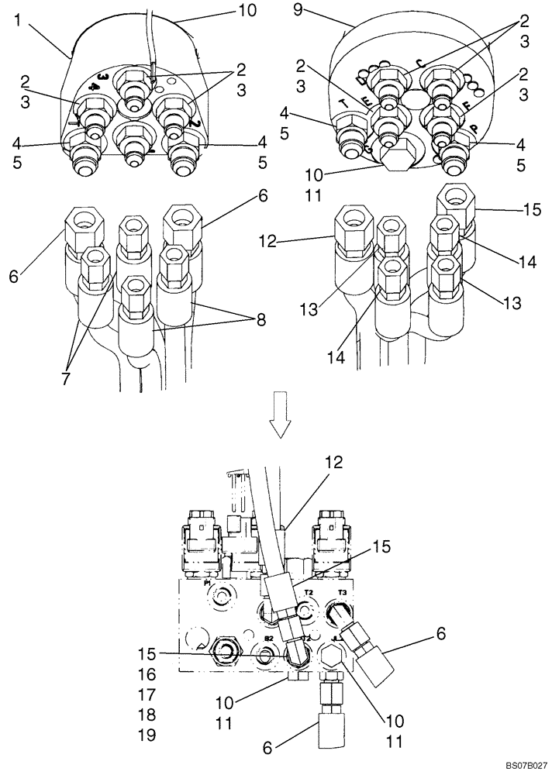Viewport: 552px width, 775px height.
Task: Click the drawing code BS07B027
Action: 512,765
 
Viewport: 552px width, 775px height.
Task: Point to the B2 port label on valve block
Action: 268,637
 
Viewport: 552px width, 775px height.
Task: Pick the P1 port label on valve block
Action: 208,584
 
